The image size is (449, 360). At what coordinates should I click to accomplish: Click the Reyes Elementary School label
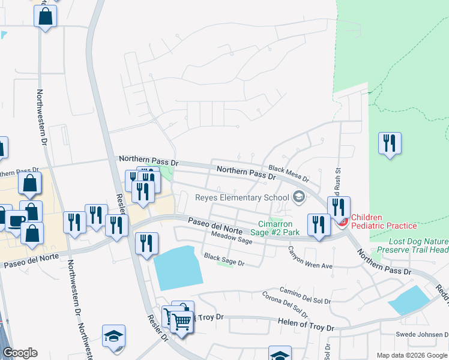[x=243, y=198]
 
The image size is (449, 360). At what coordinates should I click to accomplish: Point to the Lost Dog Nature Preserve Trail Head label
[x=412, y=245]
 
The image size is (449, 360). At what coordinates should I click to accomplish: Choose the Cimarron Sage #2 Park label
[x=274, y=228]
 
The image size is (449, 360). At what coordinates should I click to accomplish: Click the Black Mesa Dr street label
[x=289, y=174]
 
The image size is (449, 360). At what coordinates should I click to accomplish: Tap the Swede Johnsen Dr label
[x=422, y=334]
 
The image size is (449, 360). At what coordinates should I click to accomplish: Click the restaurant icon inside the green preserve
[x=390, y=143]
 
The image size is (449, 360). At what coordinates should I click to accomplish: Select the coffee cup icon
[x=17, y=220]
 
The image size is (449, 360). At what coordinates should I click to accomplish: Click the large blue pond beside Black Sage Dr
[x=177, y=268]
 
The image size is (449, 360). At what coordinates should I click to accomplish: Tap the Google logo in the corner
[x=20, y=353]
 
